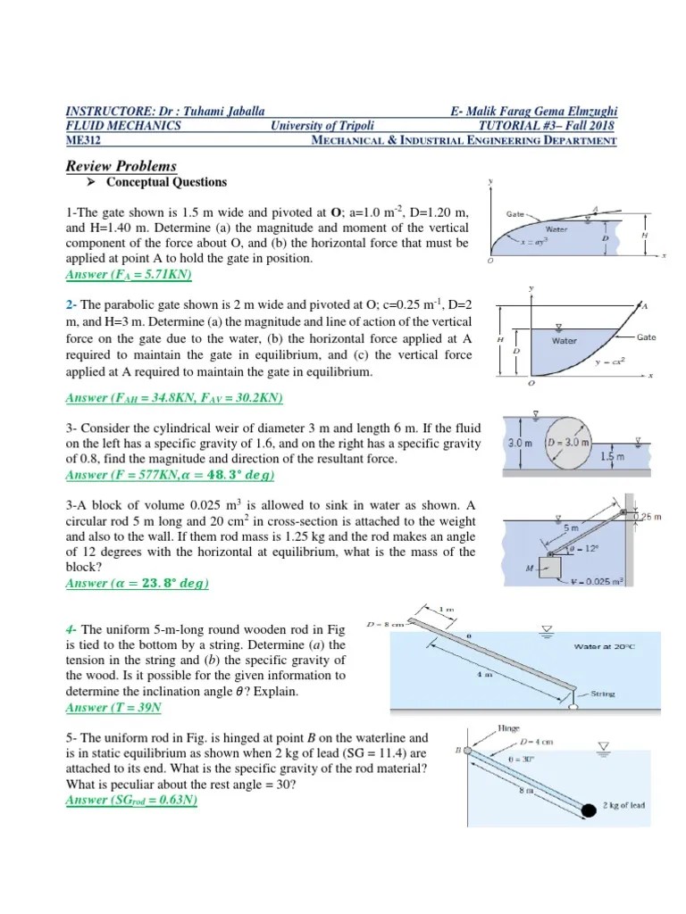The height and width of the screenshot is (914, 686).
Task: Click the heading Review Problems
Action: [x=121, y=166]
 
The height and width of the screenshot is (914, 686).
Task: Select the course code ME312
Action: [x=85, y=139]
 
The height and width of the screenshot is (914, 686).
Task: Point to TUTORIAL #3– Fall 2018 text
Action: [x=548, y=126]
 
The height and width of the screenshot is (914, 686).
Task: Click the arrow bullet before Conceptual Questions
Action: [x=90, y=183]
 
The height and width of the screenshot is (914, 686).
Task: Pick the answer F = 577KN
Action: [x=171, y=474]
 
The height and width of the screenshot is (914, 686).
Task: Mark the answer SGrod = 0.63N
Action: [x=132, y=800]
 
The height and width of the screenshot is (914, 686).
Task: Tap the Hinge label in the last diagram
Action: [x=510, y=729]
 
